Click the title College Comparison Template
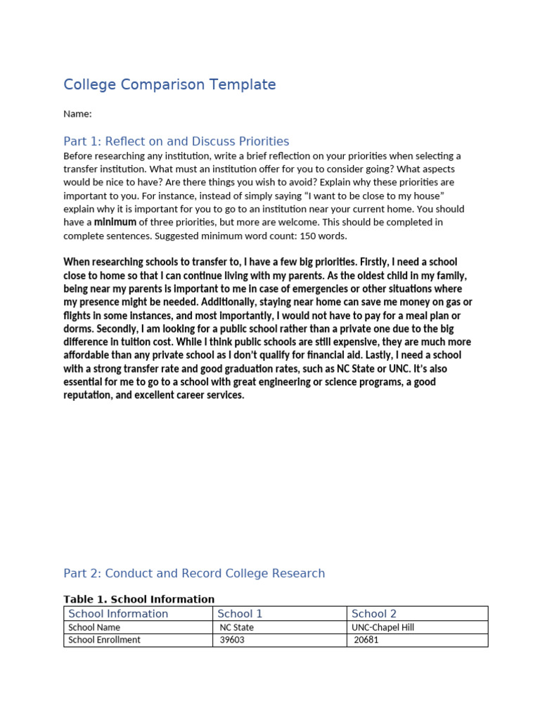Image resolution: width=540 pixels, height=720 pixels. click(169, 85)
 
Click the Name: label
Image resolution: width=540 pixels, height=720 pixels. click(77, 114)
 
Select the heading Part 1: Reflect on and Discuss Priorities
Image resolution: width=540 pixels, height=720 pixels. click(176, 141)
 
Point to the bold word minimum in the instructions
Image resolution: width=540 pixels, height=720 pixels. click(115, 222)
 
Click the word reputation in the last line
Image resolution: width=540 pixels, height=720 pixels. click(88, 395)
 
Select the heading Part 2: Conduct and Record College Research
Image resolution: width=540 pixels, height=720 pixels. click(194, 574)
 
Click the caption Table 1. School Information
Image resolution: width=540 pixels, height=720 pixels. click(139, 600)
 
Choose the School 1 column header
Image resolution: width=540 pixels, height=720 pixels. click(240, 614)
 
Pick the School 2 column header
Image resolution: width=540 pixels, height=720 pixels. click(373, 614)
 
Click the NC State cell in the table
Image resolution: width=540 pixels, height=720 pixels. click(237, 627)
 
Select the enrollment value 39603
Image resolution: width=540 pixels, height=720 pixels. click(232, 640)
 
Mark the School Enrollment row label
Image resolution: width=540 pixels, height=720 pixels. click(104, 640)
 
